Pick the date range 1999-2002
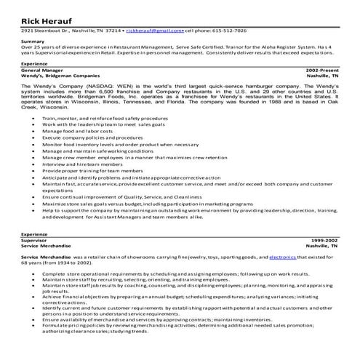(x=324, y=239)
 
